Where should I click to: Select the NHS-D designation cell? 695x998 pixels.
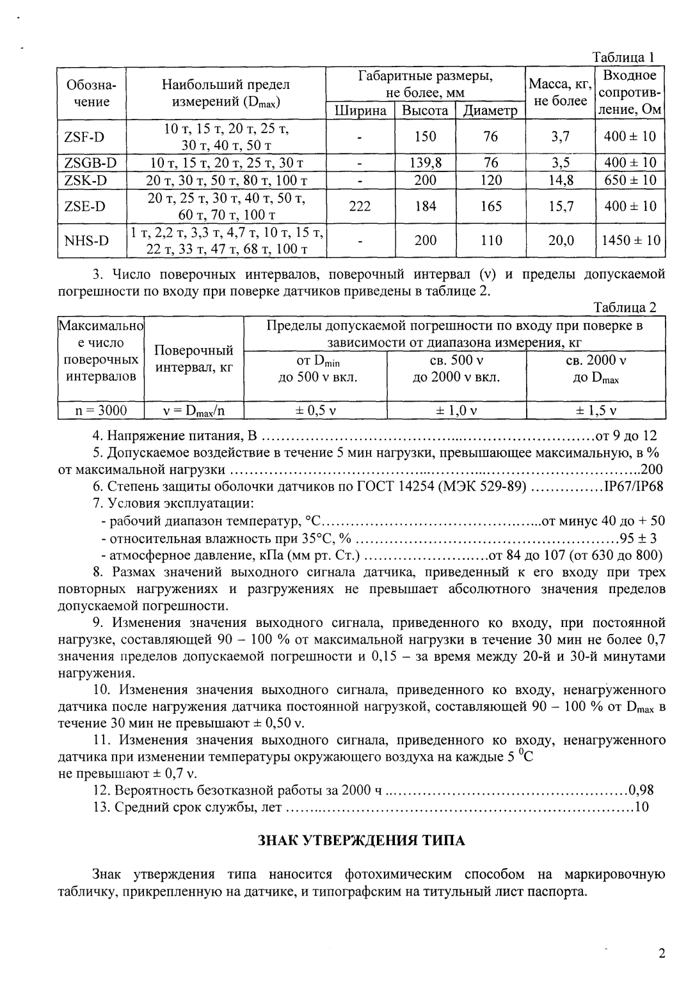click(86, 241)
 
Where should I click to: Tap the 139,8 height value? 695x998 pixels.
click(425, 162)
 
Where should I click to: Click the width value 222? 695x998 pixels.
click(361, 206)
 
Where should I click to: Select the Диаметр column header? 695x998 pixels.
click(490, 111)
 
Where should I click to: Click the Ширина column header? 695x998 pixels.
click(361, 111)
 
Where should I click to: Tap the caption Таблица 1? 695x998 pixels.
click(623, 57)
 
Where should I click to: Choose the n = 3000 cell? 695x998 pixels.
click(100, 410)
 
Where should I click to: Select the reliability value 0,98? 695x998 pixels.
click(641, 790)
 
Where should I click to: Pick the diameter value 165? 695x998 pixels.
click(490, 206)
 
